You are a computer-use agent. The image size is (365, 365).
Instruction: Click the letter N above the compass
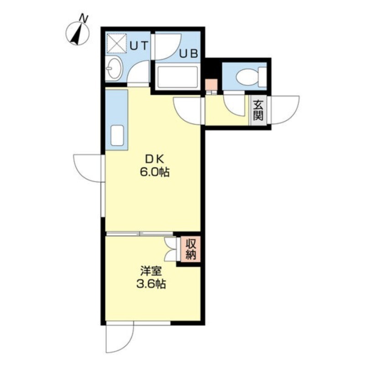pos(84,18)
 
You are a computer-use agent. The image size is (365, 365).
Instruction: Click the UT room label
pos(139,46)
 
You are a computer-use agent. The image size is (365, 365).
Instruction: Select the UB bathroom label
pos(189,53)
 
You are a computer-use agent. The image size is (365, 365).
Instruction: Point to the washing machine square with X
pos(116,43)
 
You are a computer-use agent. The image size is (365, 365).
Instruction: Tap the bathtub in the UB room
pos(177,78)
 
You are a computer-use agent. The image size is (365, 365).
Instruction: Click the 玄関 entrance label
pos(258,110)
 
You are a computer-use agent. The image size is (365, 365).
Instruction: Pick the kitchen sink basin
pos(117,136)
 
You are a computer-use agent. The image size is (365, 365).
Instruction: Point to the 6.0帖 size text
pos(154,172)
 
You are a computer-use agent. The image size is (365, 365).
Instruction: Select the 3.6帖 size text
pos(151,284)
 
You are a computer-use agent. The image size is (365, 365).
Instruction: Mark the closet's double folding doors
pos(170,249)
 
